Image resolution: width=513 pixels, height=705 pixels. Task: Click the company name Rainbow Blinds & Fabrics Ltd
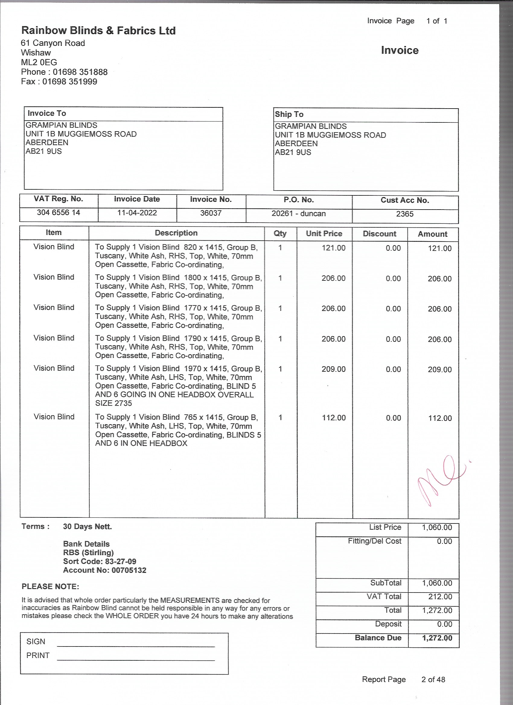pyautogui.click(x=98, y=30)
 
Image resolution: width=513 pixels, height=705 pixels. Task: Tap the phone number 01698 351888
pyautogui.click(x=80, y=72)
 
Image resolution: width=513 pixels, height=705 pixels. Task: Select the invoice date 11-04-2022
pyautogui.click(x=137, y=213)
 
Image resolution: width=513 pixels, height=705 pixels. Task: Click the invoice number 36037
pyautogui.click(x=211, y=213)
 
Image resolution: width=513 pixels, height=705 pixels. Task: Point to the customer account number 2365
pyautogui.click(x=404, y=214)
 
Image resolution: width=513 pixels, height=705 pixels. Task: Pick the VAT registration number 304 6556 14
pyautogui.click(x=59, y=212)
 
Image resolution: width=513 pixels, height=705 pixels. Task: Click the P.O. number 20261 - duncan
pyautogui.click(x=298, y=213)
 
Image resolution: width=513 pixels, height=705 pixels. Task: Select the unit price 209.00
pyautogui.click(x=333, y=369)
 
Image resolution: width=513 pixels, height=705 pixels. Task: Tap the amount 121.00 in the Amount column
pyautogui.click(x=439, y=248)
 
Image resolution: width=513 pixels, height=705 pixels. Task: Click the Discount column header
pyautogui.click(x=379, y=234)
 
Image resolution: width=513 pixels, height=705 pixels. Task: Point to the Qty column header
pyautogui.click(x=280, y=233)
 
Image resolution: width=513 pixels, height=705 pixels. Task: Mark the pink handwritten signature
pyautogui.click(x=439, y=479)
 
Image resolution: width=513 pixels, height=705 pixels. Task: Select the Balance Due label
pyautogui.click(x=378, y=637)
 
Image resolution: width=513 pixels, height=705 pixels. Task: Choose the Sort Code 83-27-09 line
pyautogui.click(x=100, y=561)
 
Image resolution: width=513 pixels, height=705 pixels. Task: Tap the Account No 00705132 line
pyautogui.click(x=104, y=570)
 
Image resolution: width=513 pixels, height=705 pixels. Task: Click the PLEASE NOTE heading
pyautogui.click(x=50, y=586)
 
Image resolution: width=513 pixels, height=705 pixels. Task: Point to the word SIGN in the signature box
pyautogui.click(x=36, y=641)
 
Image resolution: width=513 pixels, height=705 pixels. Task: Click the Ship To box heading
pyautogui.click(x=289, y=114)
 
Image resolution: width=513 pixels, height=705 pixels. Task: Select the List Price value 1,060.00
pyautogui.click(x=436, y=527)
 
